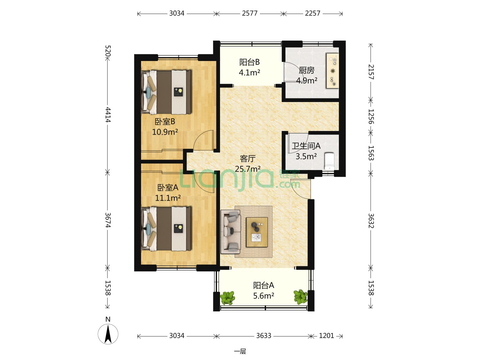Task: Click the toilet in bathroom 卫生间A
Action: click(x=329, y=161)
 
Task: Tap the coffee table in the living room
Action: click(x=257, y=232)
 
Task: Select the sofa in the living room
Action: click(x=230, y=232)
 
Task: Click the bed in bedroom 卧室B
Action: click(x=166, y=92)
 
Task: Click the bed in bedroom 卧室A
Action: click(x=166, y=229)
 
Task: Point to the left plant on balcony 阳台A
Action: click(x=227, y=297)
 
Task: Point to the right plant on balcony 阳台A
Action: click(x=300, y=297)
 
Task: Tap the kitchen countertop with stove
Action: click(x=332, y=71)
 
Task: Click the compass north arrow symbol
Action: click(x=108, y=334)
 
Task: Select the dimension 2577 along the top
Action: click(x=250, y=13)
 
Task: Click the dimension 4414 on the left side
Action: click(x=108, y=115)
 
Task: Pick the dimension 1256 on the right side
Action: click(x=371, y=117)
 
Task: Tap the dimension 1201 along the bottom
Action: click(x=326, y=336)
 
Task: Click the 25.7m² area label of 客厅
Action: click(x=248, y=169)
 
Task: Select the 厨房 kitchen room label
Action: click(x=307, y=70)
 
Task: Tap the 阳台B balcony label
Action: click(x=249, y=62)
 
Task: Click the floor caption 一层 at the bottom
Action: click(x=240, y=351)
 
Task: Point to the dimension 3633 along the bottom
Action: click(x=264, y=336)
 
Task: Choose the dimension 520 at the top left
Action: click(x=108, y=51)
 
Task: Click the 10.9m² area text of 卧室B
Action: click(x=165, y=132)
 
